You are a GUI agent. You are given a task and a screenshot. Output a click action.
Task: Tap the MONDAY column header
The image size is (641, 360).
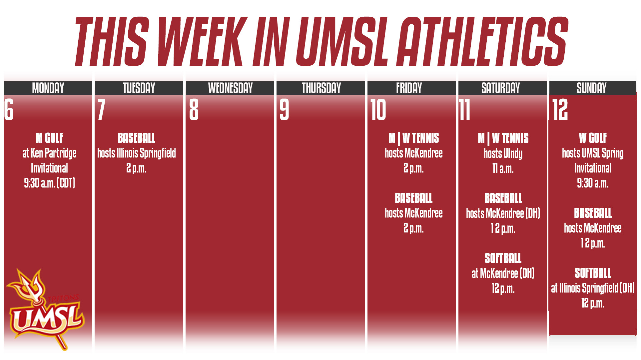[48, 88]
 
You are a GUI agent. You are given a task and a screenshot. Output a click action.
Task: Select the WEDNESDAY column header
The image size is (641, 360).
[230, 88]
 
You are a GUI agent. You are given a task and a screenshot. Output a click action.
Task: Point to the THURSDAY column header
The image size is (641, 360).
[321, 88]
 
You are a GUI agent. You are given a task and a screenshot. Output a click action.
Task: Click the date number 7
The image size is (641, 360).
[102, 110]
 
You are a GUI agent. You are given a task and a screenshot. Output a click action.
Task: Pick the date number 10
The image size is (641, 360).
[378, 110]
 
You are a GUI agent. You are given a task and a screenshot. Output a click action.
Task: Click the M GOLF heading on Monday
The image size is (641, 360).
[49, 138]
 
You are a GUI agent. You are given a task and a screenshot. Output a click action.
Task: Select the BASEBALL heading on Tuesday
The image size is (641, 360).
[136, 138]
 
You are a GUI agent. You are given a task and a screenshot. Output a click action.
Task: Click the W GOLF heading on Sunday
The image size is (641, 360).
[593, 138]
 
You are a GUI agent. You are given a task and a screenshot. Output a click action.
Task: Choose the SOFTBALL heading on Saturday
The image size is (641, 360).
[503, 258]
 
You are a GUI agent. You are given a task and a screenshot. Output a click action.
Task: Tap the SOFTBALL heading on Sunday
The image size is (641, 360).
[593, 273]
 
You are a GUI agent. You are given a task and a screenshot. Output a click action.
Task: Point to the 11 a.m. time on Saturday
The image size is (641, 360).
[503, 168]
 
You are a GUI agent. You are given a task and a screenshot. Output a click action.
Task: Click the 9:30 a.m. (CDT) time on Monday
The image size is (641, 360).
[49, 183]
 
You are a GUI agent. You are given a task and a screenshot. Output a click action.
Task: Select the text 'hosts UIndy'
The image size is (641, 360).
[503, 153]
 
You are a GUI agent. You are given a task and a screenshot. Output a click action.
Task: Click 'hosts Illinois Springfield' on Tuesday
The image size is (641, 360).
[136, 153]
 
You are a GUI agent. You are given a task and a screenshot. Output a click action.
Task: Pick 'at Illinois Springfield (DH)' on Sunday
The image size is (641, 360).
[593, 288]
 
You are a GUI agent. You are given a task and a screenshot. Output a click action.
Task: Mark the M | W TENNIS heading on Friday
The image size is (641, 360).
[413, 138]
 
